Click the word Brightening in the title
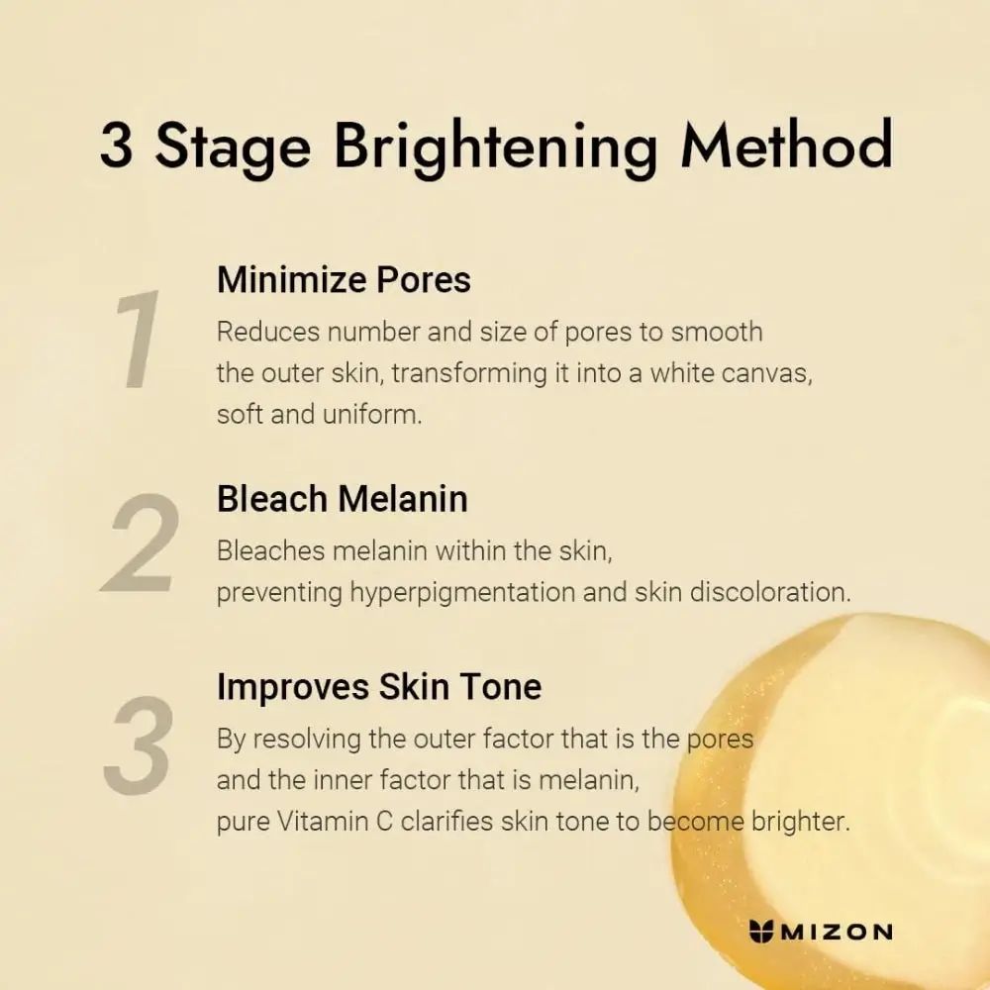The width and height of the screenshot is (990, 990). click(x=495, y=148)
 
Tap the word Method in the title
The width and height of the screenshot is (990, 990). click(x=787, y=146)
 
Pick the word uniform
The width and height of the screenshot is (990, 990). click(x=372, y=414)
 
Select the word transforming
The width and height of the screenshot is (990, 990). click(x=463, y=373)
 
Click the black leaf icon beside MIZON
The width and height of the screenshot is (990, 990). click(x=763, y=931)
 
